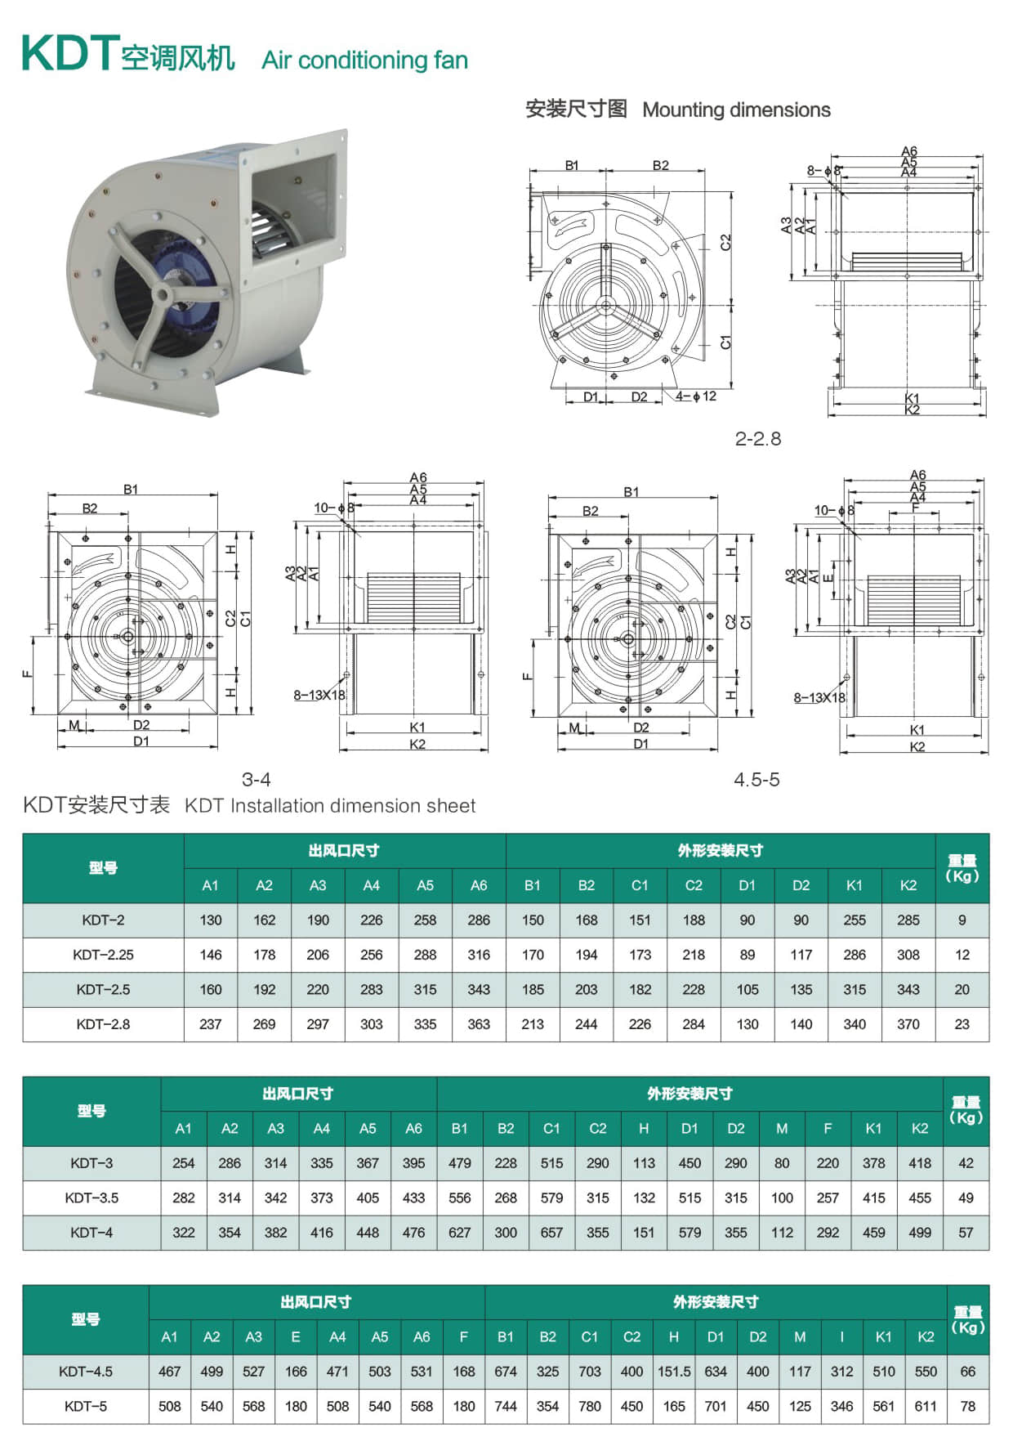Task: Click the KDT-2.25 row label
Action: click(103, 955)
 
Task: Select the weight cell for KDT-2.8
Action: click(962, 1024)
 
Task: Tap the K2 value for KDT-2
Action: click(908, 920)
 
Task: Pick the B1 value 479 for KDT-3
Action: click(460, 1163)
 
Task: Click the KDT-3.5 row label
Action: click(91, 1198)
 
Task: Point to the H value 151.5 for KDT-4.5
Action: click(674, 1372)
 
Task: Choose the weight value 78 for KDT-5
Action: click(968, 1407)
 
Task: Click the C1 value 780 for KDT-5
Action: click(590, 1407)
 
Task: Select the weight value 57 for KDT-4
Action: click(966, 1233)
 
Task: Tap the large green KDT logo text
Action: click(70, 54)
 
